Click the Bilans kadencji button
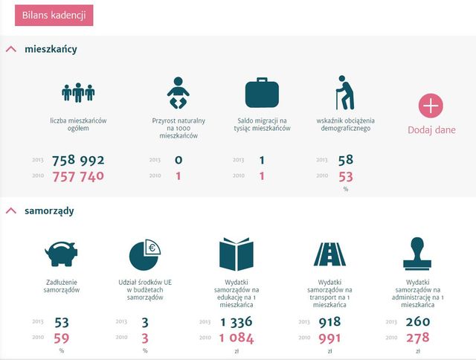54,15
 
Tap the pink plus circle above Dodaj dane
431,106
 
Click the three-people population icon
78,91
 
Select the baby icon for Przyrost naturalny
178,92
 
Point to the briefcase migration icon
263,93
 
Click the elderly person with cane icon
343,92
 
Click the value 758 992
78,160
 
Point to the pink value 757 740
78,176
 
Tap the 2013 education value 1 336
236,322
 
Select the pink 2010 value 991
328,338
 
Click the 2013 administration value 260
419,322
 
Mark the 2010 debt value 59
62,338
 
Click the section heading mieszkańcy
51,49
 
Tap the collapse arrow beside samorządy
10,211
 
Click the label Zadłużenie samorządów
62,286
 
